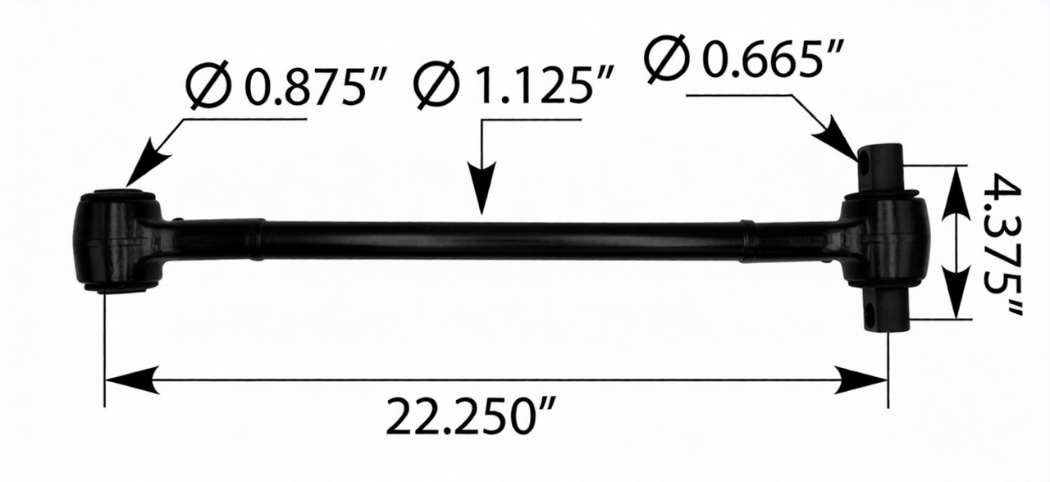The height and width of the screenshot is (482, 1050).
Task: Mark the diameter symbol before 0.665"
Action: (x=665, y=57)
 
